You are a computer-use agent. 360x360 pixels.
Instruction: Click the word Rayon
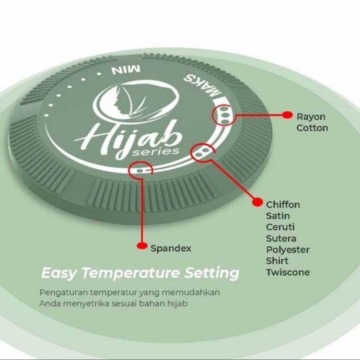[x=311, y=117]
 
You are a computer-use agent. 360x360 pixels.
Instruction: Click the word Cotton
[x=312, y=128]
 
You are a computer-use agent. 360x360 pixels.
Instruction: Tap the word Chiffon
[x=283, y=204]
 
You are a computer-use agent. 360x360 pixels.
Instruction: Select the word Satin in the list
[x=278, y=216]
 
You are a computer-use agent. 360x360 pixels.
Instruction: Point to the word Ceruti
[x=281, y=227]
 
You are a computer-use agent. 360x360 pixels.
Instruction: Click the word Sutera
[x=281, y=239]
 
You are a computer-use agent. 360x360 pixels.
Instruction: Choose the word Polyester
[x=288, y=250]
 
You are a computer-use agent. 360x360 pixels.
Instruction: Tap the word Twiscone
[x=288, y=272]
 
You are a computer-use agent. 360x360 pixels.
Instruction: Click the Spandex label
[x=171, y=248]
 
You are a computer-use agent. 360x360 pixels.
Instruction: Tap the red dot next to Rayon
[x=286, y=114]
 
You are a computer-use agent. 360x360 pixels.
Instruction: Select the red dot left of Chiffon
[x=257, y=201]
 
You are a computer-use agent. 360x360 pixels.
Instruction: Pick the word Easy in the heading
[x=60, y=273]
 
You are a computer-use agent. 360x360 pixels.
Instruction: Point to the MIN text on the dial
[x=124, y=69]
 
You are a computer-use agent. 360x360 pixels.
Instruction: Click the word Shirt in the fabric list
[x=277, y=261]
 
